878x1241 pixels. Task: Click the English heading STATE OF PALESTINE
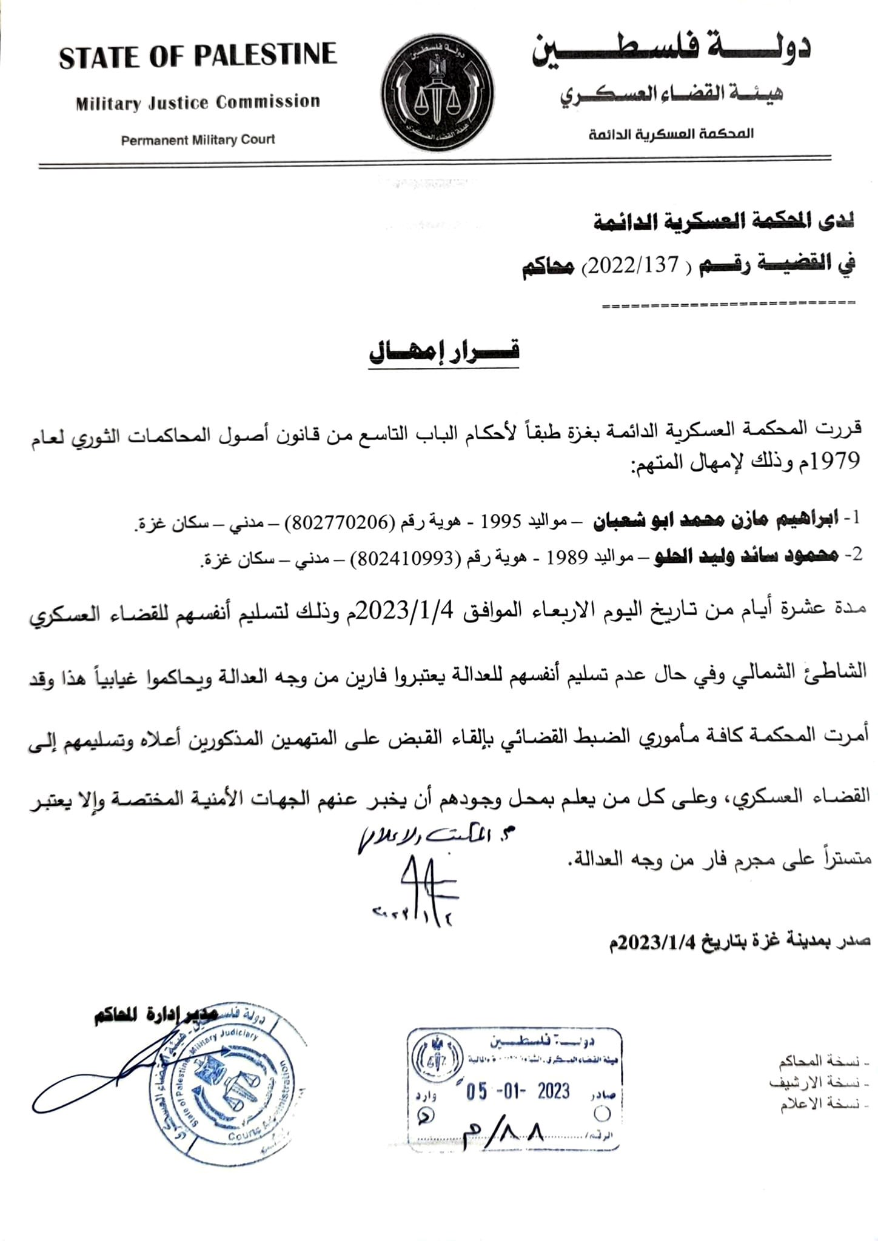coord(198,56)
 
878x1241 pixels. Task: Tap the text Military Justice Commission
coord(198,102)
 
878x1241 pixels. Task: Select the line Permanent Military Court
coord(198,140)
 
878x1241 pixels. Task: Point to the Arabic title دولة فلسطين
coord(671,51)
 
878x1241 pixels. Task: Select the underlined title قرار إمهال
coord(444,351)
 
